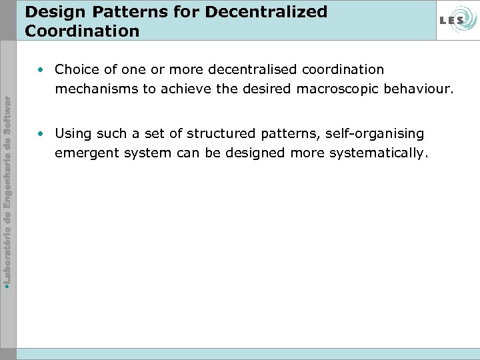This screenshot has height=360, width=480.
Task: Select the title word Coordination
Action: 82,31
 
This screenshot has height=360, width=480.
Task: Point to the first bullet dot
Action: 41,69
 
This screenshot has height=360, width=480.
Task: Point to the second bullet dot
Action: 41,133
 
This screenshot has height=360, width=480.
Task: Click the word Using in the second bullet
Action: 73,133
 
